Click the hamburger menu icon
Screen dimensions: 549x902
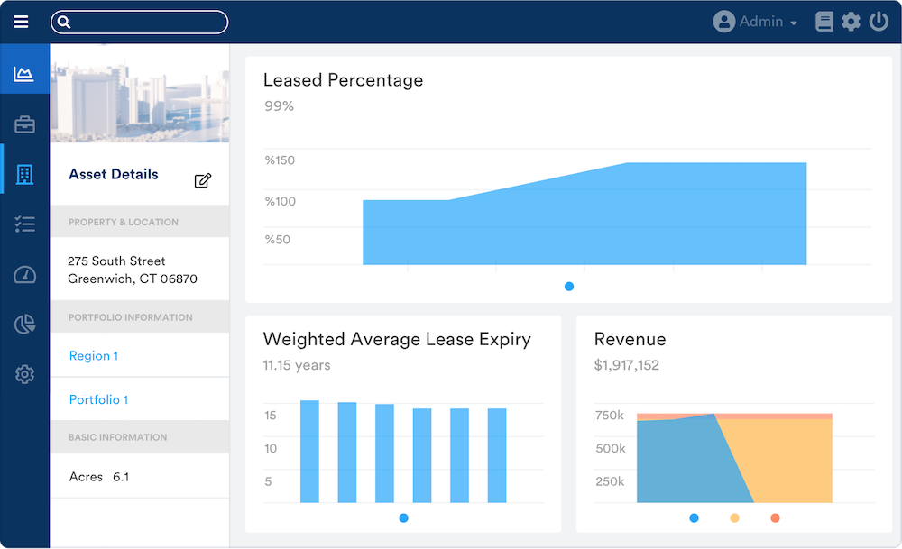[x=21, y=22]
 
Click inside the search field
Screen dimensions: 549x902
[x=144, y=22]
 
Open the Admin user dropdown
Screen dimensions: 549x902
[x=756, y=22]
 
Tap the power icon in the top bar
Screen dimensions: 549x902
[x=879, y=22]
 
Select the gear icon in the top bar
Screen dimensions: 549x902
[x=851, y=22]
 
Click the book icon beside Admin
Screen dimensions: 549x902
[x=824, y=22]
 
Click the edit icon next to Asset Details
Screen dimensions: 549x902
[x=203, y=180]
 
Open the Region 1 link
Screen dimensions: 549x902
[x=93, y=356]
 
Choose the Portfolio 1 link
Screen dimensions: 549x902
[x=98, y=399]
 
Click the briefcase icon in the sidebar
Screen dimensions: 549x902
[x=24, y=125]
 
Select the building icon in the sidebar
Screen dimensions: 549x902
[x=24, y=175]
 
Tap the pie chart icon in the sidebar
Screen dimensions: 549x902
[x=24, y=325]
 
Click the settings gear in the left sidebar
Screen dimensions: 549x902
[x=24, y=374]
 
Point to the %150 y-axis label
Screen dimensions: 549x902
[x=280, y=160]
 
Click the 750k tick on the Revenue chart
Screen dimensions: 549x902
[x=609, y=416]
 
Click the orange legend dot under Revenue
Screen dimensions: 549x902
[x=775, y=518]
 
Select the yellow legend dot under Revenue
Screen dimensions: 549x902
[x=734, y=518]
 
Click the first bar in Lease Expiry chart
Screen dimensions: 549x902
[x=309, y=451]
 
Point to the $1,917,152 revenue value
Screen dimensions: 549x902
[x=626, y=365]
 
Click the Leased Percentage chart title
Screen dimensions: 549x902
[x=343, y=80]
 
